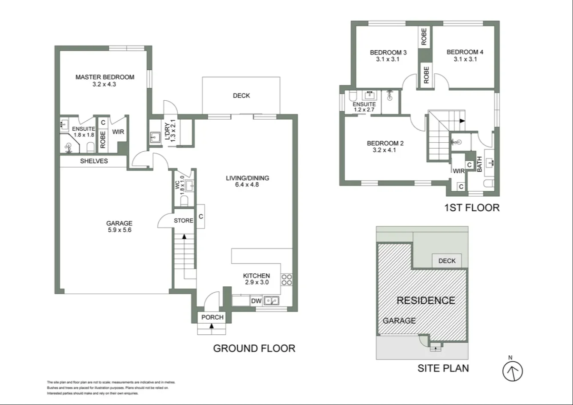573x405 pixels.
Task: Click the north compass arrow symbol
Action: (512, 371)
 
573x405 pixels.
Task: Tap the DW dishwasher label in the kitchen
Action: (256, 301)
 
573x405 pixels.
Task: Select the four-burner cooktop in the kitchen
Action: (286, 279)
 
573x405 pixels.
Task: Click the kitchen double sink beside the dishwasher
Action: (271, 301)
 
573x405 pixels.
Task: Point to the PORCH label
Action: (212, 317)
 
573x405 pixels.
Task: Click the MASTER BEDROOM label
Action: (104, 77)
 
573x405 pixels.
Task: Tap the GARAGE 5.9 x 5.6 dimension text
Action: (119, 230)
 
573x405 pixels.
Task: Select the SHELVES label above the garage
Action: (94, 161)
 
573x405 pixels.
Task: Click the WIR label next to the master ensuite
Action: (118, 132)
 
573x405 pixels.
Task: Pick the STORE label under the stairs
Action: (183, 221)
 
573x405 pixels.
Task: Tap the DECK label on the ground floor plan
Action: (241, 96)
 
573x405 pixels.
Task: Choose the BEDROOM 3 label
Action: (388, 52)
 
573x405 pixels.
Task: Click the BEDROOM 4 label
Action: (465, 52)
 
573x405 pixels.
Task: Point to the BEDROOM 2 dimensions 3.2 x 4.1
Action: (385, 150)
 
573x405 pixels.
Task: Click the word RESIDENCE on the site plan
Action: (426, 300)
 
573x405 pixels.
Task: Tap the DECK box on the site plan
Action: (447, 261)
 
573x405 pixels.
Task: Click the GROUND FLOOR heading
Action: (254, 348)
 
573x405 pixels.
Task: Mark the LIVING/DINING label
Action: (248, 178)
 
